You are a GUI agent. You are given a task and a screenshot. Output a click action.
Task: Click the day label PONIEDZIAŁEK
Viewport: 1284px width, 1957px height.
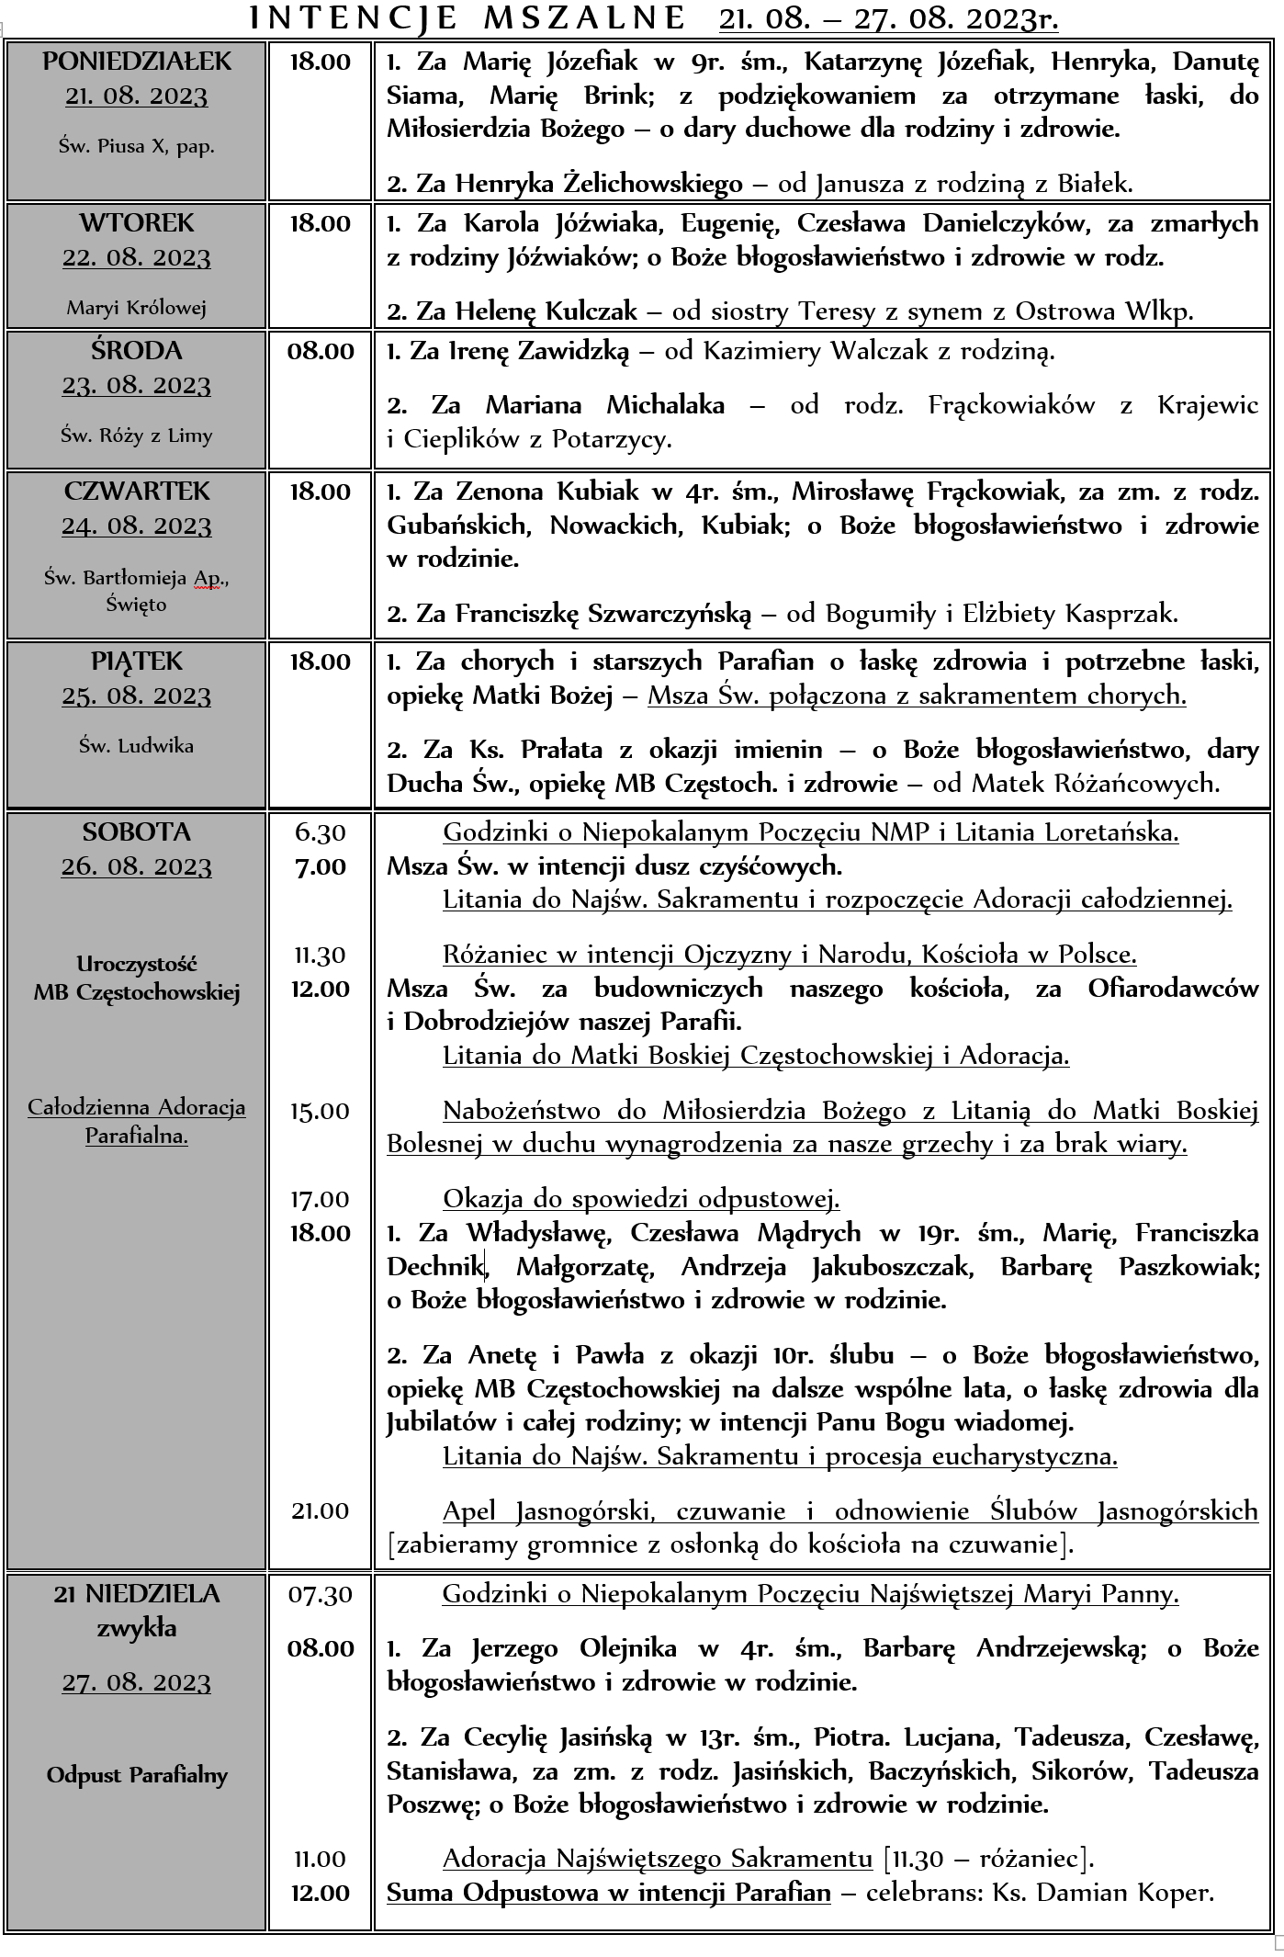[x=137, y=62]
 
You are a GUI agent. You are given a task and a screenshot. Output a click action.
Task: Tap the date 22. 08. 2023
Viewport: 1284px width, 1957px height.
[x=137, y=258]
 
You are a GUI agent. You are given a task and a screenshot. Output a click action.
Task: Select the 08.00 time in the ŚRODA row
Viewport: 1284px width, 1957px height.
[x=321, y=351]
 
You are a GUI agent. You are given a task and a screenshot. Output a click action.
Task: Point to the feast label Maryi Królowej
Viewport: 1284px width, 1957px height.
[x=136, y=308]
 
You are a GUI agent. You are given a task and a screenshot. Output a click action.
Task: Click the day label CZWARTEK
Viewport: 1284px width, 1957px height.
[x=137, y=492]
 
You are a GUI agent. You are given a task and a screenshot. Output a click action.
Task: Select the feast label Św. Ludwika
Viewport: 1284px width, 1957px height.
[x=136, y=746]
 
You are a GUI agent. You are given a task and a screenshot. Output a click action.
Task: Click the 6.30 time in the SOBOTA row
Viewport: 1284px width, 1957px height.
[x=321, y=832]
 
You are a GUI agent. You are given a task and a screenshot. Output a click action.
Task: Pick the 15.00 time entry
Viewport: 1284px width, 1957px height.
[x=321, y=1112]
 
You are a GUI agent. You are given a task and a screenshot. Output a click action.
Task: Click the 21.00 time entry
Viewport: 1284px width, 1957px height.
[x=321, y=1511]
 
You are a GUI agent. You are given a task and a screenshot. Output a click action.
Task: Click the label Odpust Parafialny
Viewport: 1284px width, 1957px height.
[x=137, y=1775]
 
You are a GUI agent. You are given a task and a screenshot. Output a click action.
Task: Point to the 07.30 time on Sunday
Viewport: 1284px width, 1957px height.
[x=321, y=1594]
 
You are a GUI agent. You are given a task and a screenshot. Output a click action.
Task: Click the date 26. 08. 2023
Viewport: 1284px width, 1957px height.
[x=137, y=867]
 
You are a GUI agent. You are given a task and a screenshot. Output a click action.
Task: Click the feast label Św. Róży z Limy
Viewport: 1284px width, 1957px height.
[x=136, y=436]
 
